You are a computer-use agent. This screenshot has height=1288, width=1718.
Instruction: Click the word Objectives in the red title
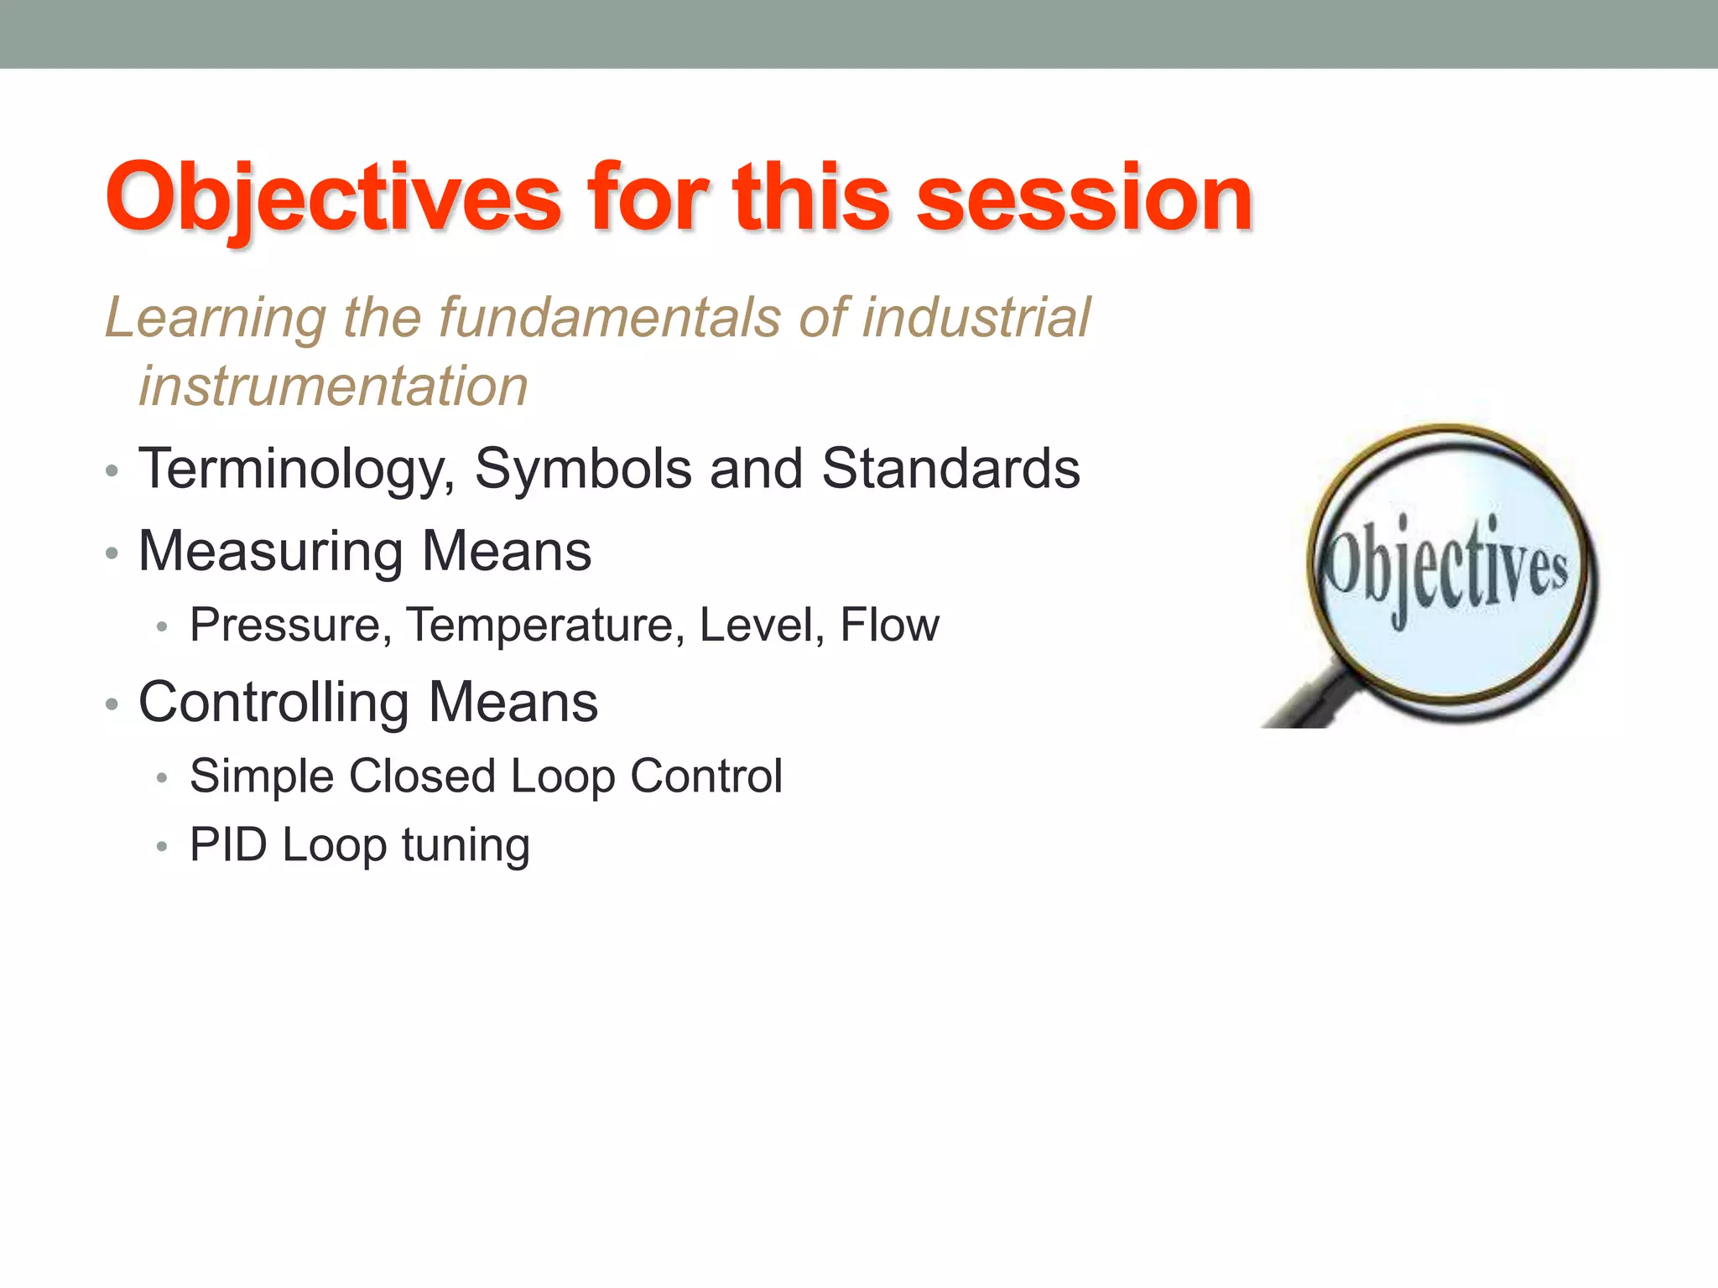click(333, 198)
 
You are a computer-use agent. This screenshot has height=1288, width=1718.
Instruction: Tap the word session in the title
click(1085, 198)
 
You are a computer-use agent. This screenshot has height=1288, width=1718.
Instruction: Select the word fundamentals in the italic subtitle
click(610, 318)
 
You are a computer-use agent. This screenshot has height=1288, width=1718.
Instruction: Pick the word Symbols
click(583, 469)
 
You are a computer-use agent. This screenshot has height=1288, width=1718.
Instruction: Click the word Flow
click(889, 625)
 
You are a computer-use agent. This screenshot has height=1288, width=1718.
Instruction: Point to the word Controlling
click(274, 703)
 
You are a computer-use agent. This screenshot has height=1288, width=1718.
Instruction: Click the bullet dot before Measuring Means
click(112, 553)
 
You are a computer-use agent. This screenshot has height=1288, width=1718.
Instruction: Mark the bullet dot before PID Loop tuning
click(163, 847)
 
